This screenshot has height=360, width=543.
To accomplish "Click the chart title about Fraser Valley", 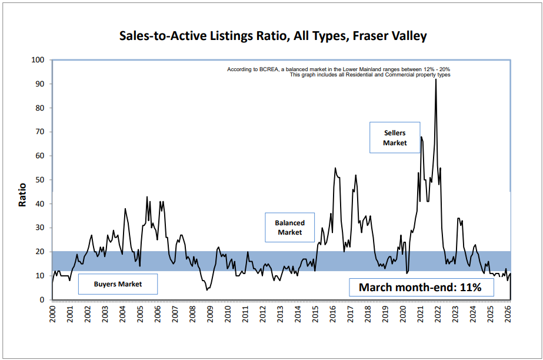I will click(272, 36).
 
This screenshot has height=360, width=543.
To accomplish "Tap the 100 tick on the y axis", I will click(38, 60).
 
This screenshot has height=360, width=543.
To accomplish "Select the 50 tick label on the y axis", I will click(41, 180).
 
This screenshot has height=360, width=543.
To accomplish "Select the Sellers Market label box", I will click(395, 138).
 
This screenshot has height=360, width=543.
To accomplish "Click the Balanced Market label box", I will click(289, 228).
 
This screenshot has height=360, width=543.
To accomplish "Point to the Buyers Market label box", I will click(118, 284).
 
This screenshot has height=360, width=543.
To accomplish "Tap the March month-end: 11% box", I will click(420, 288).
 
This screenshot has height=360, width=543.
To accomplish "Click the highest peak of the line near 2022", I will click(435, 79).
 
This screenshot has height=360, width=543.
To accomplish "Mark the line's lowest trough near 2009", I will click(206, 290).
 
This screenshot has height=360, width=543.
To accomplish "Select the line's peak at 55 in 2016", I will click(335, 168).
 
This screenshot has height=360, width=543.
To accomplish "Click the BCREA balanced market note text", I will click(338, 69).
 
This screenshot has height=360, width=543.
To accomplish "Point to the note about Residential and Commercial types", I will click(370, 75).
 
